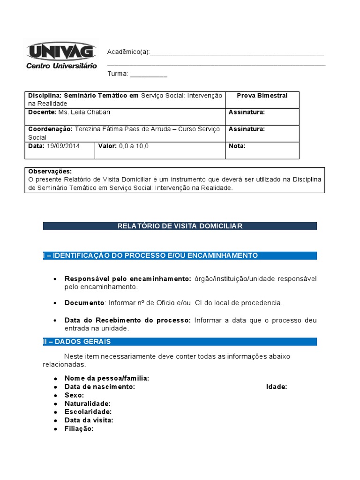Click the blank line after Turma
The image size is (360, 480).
click(x=148, y=75)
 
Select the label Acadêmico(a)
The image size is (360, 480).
click(x=128, y=52)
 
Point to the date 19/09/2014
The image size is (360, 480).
click(x=63, y=146)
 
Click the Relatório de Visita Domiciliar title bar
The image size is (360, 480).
click(x=180, y=226)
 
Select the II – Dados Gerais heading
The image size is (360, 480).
click(x=77, y=342)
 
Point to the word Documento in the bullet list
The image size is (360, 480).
click(x=84, y=303)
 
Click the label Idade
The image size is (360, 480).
click(x=277, y=387)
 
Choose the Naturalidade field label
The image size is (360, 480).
click(x=88, y=404)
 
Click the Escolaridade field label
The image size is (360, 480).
click(x=88, y=412)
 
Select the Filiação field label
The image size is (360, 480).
click(x=79, y=429)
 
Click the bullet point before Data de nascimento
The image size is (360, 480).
click(x=56, y=387)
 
